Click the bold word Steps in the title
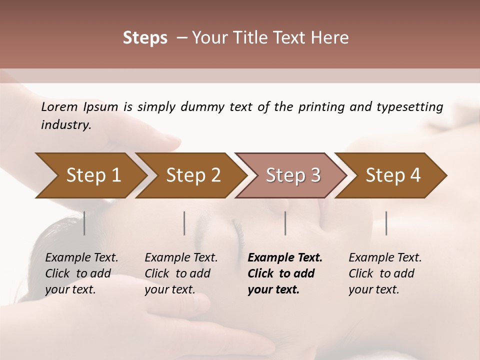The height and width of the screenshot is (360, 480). pyautogui.click(x=145, y=38)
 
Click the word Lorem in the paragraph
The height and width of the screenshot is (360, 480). pyautogui.click(x=59, y=107)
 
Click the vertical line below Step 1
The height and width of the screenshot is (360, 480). pyautogui.click(x=84, y=223)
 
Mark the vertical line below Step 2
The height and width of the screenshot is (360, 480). pyautogui.click(x=184, y=223)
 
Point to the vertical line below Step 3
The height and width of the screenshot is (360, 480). pyautogui.click(x=285, y=223)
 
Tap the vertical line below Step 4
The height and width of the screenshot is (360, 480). pyautogui.click(x=386, y=223)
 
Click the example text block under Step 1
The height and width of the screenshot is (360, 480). pyautogui.click(x=81, y=273)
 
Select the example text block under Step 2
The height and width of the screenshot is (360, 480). pyautogui.click(x=181, y=273)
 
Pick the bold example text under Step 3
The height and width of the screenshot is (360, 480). pyautogui.click(x=285, y=273)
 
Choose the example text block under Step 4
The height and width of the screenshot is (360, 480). pyautogui.click(x=385, y=273)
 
